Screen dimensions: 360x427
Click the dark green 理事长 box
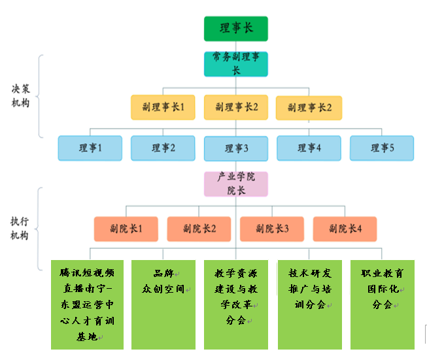[235, 29]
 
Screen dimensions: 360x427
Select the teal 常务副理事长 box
[235, 63]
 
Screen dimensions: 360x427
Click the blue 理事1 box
[90, 148]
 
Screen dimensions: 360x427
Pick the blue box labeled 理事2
[163, 148]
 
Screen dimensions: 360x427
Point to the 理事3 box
[236, 148]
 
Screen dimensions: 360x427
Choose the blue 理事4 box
[309, 148]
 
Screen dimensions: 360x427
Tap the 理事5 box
[382, 148]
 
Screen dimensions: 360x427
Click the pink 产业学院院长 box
[235, 184]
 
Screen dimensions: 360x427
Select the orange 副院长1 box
[126, 229]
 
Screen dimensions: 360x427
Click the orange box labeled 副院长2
[199, 229]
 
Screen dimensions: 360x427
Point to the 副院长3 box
[272, 229]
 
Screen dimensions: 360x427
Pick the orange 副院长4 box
[345, 229]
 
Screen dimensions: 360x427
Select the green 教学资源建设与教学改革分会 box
[236, 304]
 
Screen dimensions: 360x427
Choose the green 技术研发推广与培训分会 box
[309, 304]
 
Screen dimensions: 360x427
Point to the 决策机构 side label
[20, 96]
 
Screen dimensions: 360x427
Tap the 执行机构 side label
[20, 229]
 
